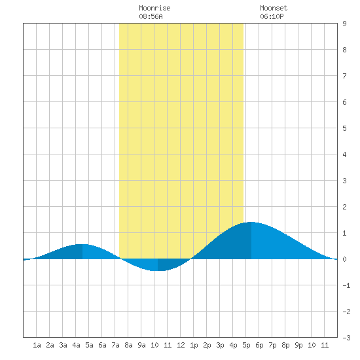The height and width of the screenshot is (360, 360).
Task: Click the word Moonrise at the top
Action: (154, 8)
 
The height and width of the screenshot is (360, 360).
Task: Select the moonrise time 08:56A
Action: (151, 16)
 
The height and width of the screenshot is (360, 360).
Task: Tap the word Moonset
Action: (274, 8)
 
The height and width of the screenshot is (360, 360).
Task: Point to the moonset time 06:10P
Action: (272, 16)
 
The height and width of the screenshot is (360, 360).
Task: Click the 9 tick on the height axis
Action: (344, 24)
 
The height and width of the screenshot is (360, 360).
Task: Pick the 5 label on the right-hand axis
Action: (344, 128)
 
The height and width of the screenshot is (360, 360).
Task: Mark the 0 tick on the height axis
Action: (344, 259)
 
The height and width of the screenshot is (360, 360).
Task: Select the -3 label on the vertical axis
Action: (346, 338)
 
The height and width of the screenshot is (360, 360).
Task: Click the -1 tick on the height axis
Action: (346, 285)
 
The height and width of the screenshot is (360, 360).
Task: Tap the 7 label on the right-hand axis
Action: (344, 76)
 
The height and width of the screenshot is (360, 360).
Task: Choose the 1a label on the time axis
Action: (37, 345)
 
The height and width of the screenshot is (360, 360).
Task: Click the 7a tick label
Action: (115, 345)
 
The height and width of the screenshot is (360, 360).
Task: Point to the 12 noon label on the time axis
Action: (181, 345)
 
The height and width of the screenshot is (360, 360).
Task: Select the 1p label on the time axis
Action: (194, 345)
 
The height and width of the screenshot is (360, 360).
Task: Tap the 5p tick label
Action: (246, 345)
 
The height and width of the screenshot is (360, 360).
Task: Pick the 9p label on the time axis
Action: (298, 345)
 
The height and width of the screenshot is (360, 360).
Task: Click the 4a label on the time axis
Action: (76, 345)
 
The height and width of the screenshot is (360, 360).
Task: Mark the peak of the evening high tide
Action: (251, 222)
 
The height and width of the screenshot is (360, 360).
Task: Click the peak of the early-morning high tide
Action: (82, 244)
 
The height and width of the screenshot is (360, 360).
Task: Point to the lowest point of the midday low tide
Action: (158, 271)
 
